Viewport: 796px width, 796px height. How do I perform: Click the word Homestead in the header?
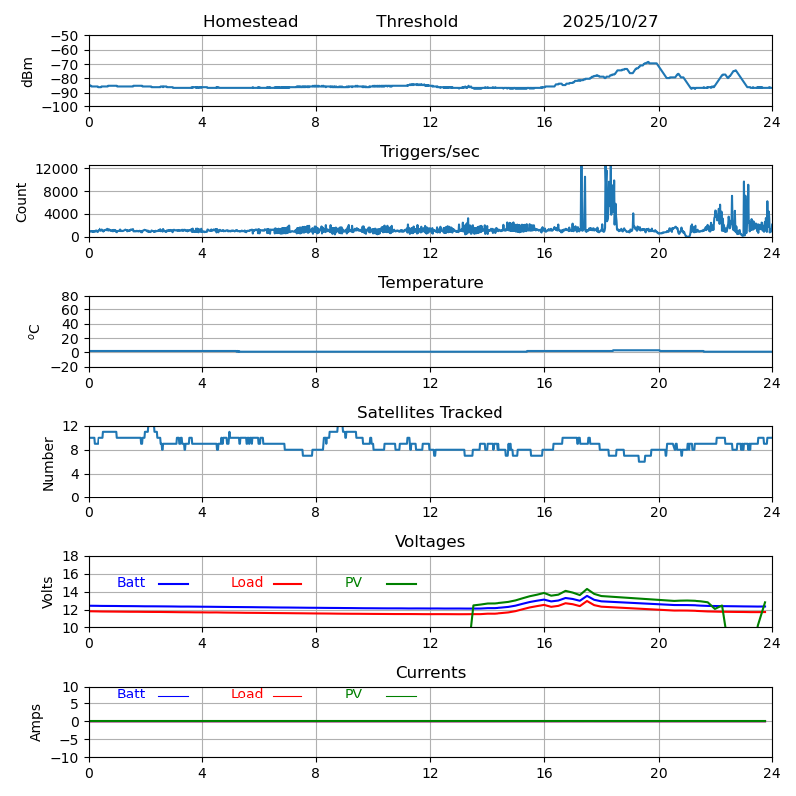[250, 22]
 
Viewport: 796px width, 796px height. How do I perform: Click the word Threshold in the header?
[417, 22]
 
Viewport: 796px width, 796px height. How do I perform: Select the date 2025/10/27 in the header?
[610, 22]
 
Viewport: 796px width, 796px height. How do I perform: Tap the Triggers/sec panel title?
[430, 152]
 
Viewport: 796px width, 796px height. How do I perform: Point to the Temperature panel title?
[430, 283]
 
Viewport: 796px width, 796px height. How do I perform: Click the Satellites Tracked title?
[430, 413]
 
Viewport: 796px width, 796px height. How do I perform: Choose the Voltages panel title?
[430, 542]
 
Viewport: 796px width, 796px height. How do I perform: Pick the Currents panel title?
[430, 673]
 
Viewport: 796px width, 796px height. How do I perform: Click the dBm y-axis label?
[28, 71]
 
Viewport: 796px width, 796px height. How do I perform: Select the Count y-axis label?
[22, 201]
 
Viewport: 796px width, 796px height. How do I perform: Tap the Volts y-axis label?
[48, 591]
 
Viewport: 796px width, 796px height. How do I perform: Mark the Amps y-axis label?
[36, 722]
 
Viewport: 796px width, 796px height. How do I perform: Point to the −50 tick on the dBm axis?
[64, 36]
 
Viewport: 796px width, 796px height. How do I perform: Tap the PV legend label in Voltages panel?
[353, 583]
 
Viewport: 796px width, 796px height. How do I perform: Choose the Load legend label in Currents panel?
[247, 695]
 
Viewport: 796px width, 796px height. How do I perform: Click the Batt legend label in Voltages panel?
[131, 583]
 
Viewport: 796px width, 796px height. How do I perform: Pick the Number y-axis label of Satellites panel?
[48, 463]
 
